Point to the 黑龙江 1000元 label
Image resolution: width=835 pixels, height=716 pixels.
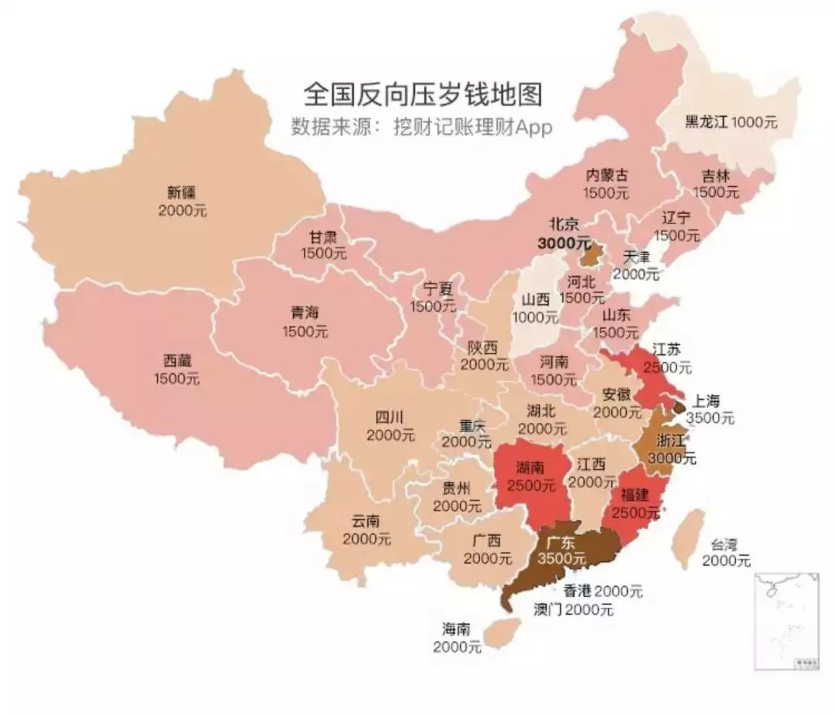[x=731, y=121]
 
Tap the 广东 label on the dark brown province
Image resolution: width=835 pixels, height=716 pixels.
[x=562, y=541]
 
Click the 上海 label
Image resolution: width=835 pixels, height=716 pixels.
[x=706, y=401]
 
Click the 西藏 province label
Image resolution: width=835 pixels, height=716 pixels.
[x=177, y=361]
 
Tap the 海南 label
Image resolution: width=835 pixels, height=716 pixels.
[x=457, y=629]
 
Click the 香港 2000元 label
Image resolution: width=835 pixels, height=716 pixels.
[x=603, y=592]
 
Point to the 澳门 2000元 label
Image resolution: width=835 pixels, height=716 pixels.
[x=573, y=609]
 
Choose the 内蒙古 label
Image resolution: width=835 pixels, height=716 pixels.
[x=606, y=176]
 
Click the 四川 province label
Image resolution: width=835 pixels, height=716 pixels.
[x=390, y=418]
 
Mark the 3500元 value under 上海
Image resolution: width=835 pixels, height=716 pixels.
[x=711, y=419]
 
